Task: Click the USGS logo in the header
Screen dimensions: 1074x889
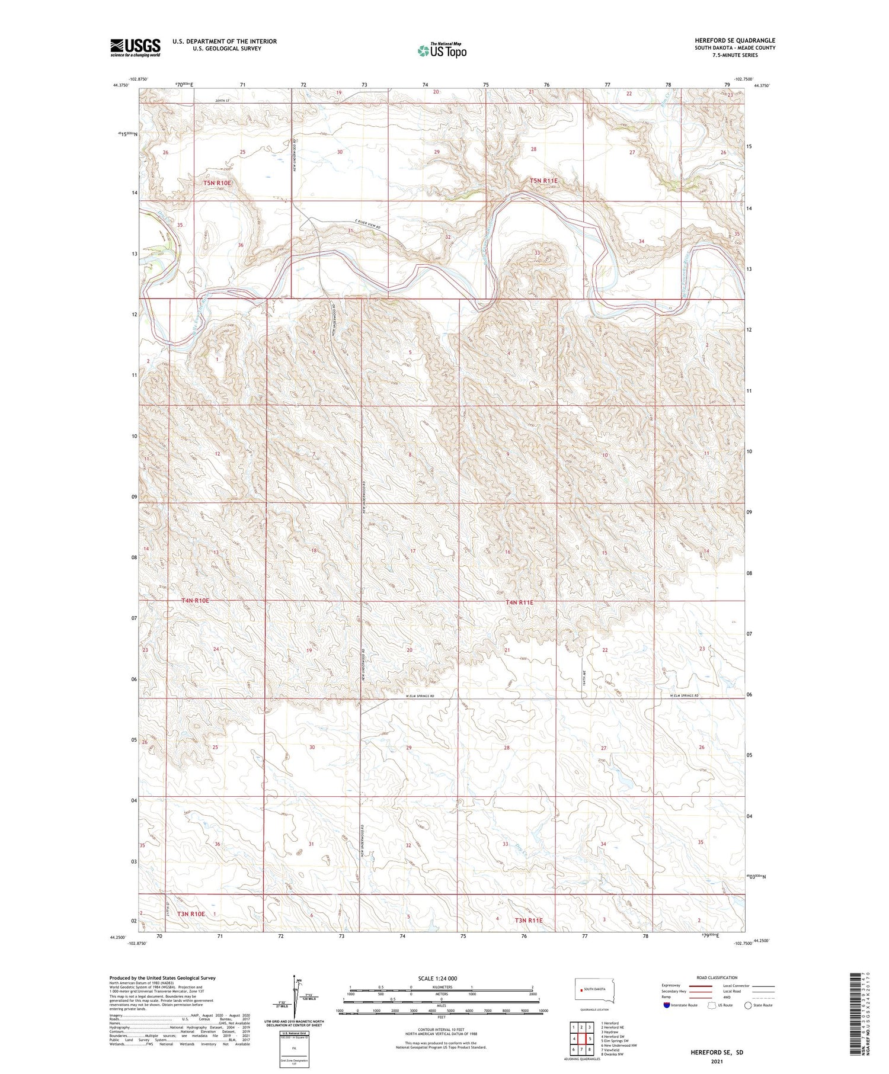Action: [x=135, y=47]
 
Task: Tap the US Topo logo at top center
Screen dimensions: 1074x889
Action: [x=442, y=51]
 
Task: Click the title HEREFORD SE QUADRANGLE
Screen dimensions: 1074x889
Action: [x=735, y=40]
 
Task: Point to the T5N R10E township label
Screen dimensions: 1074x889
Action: [x=217, y=183]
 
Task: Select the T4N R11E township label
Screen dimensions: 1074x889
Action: [x=519, y=602]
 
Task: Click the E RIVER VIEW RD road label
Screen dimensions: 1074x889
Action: [x=363, y=226]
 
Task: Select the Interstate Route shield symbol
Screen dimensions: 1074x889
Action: [x=666, y=1005]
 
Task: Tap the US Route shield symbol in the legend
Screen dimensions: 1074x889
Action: [x=712, y=1005]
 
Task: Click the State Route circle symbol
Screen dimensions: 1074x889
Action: [x=749, y=1005]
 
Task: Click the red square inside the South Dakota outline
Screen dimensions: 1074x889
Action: [x=581, y=990]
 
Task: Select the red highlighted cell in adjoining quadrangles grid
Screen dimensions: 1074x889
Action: [x=590, y=1038]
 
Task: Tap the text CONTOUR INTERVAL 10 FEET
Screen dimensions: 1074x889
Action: [x=441, y=1030]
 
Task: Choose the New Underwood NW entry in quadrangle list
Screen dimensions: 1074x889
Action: [x=619, y=1045]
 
